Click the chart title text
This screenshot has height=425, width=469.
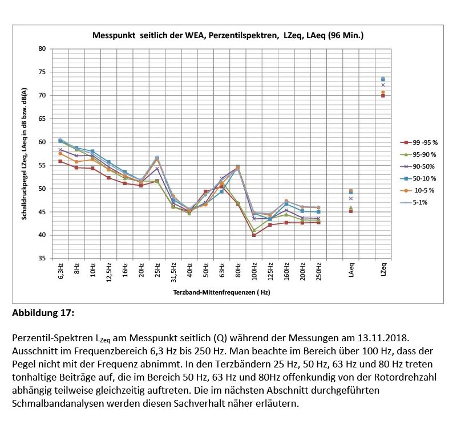point(228,36)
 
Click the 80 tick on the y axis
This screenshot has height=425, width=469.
point(42,49)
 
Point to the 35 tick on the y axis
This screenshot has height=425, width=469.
point(42,259)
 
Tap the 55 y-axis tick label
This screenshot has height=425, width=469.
point(42,165)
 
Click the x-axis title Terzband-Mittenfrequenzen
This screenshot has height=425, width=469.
point(221,292)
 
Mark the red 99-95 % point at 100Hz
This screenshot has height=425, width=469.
point(254,235)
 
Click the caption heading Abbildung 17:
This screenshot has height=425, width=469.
point(43,313)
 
